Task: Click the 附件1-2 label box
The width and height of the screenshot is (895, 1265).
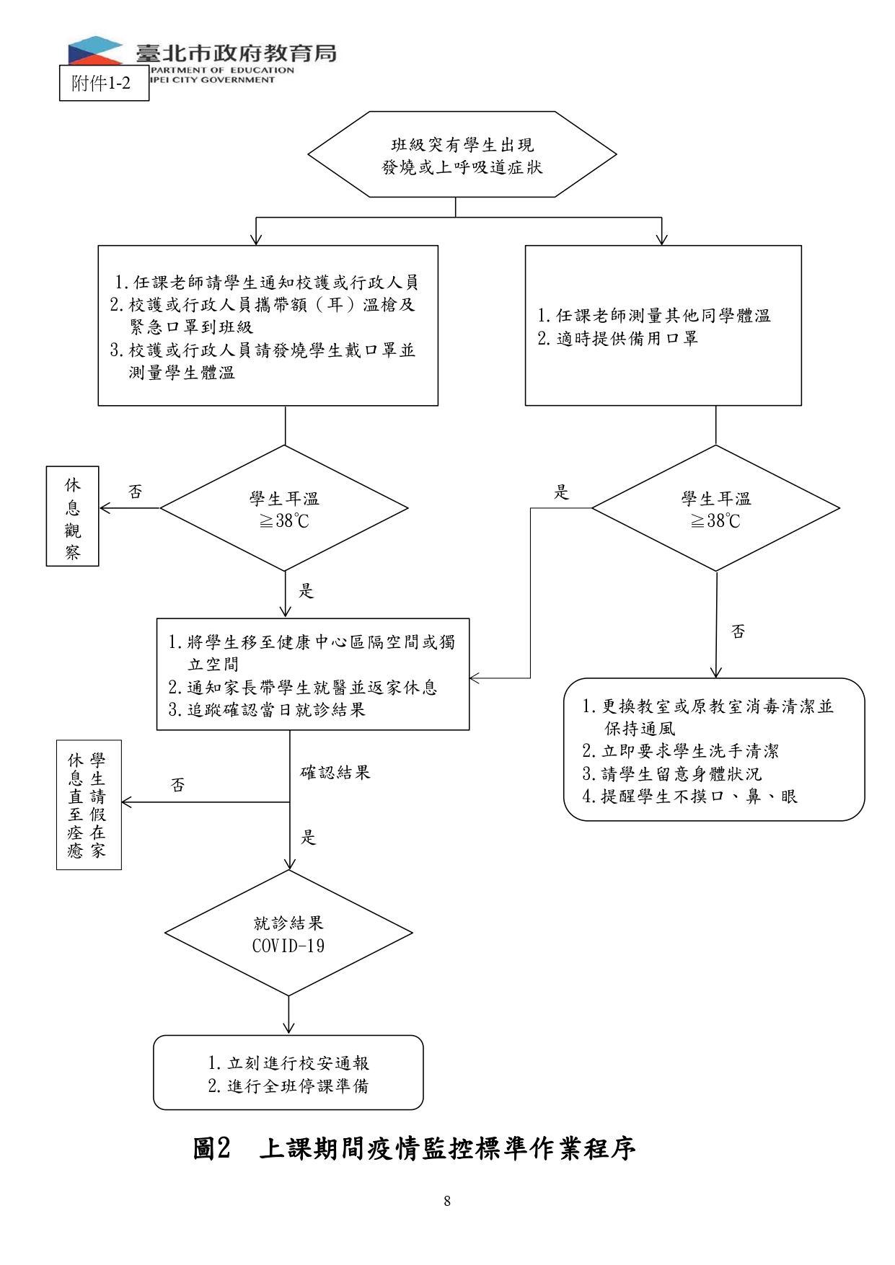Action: point(104,83)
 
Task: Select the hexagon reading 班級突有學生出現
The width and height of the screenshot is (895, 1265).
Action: point(462,154)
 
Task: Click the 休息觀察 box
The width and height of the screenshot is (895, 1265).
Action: point(72,516)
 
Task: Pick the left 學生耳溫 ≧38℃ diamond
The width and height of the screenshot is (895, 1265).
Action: point(284,508)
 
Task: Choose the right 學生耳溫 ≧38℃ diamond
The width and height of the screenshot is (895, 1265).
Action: point(715,508)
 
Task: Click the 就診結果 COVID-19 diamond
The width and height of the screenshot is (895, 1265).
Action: point(288,933)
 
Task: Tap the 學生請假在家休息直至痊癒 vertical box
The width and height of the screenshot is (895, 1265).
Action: point(89,804)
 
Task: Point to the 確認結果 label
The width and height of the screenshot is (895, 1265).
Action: point(335,773)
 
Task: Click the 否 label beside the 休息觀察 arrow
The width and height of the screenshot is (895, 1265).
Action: point(136,492)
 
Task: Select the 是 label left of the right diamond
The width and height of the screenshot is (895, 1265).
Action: point(561,492)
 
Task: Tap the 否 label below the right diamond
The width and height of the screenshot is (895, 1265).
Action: point(738,631)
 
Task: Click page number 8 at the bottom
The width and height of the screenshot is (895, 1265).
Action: point(447,1201)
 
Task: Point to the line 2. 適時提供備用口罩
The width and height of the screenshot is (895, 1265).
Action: point(618,338)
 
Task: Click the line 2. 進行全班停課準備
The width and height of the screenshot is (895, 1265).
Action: point(288,1086)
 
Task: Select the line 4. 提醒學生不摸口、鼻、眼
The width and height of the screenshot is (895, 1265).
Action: point(690,796)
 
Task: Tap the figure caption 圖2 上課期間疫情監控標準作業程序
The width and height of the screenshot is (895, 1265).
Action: point(414,1148)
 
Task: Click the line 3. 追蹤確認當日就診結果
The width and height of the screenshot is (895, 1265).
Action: point(267,709)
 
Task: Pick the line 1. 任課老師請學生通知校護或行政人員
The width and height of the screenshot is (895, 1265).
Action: point(267,282)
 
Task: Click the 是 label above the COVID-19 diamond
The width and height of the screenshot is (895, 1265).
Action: point(309,837)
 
